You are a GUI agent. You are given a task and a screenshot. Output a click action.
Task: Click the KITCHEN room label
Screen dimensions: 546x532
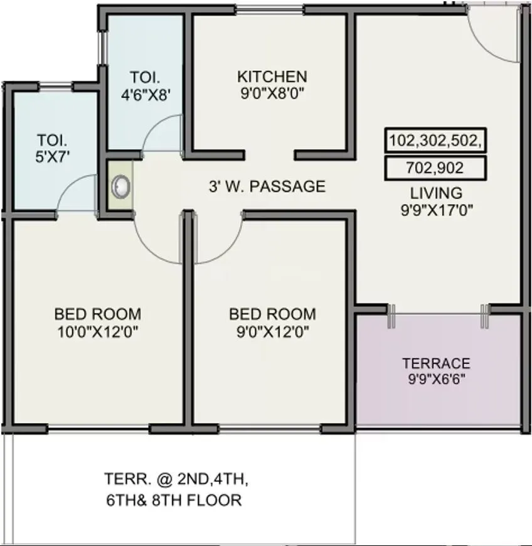272,77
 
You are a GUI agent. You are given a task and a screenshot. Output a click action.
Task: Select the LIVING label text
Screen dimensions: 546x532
436,193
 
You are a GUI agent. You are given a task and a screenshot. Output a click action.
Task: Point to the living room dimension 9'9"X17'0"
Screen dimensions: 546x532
436,210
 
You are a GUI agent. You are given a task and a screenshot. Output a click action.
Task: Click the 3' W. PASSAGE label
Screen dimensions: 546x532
267,186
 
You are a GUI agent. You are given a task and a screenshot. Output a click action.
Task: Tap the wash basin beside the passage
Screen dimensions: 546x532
120,186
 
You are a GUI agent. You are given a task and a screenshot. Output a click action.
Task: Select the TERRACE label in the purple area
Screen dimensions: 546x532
436,363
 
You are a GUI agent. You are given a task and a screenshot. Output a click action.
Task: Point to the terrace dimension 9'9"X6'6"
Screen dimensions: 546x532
436,379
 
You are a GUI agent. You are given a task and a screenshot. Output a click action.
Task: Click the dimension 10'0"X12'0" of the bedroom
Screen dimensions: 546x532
97,330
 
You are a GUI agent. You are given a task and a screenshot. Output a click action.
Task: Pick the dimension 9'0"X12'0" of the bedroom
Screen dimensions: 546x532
272,330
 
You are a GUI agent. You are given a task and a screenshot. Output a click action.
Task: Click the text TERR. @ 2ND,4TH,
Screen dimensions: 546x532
176,480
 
